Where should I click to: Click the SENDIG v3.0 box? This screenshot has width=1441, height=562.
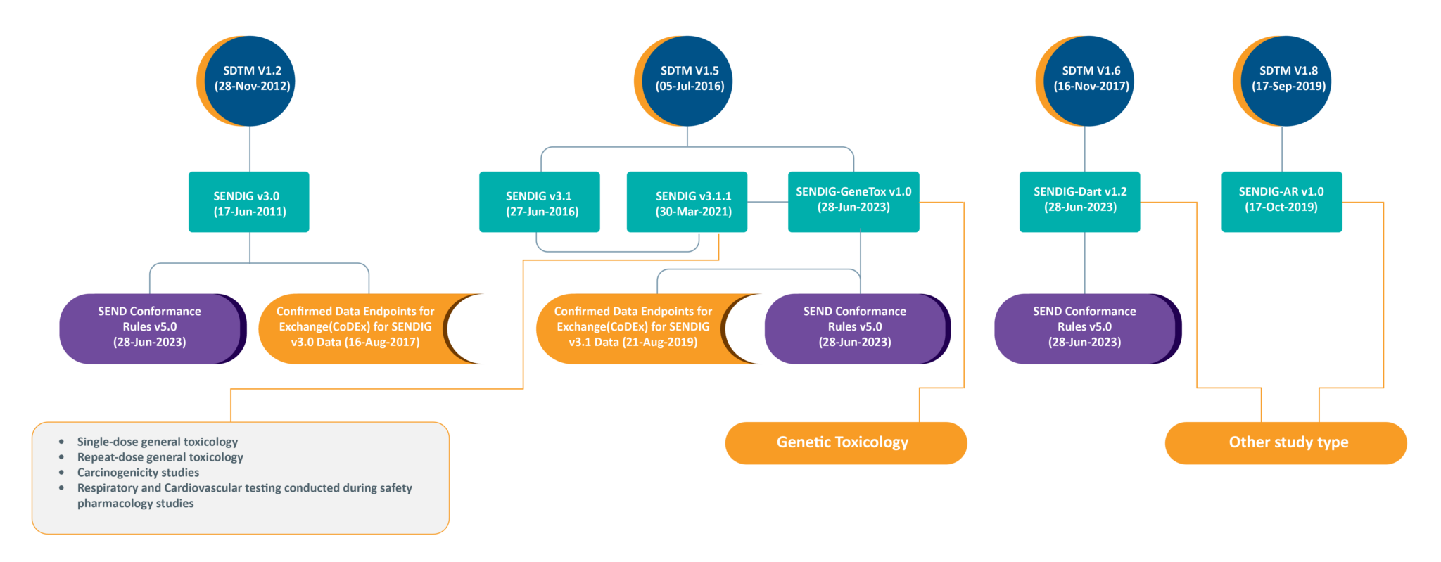[x=248, y=202]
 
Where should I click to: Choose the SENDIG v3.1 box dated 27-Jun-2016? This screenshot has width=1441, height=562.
[x=540, y=202]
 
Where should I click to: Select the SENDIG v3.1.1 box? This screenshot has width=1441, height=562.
[x=687, y=202]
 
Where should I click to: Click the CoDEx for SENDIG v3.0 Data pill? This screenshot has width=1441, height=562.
[x=355, y=328]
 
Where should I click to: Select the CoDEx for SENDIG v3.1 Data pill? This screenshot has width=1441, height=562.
[x=633, y=328]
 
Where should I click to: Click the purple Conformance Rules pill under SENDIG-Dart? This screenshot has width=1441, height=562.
[x=1084, y=328]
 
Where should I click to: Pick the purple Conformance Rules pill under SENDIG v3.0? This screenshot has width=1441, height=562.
[x=150, y=328]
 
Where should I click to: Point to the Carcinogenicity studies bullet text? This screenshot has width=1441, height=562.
[x=138, y=473]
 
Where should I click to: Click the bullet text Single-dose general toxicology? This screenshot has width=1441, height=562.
[x=158, y=442]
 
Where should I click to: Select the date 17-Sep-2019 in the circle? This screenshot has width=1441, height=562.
[x=1288, y=87]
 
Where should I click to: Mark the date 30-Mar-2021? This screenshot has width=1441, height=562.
[x=694, y=212]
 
